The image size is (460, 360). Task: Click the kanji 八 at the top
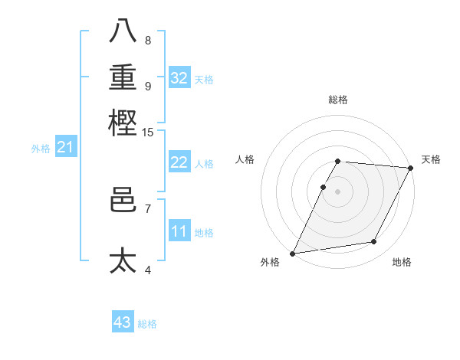pyautogui.click(x=123, y=31)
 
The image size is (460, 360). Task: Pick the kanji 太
pyautogui.click(x=123, y=260)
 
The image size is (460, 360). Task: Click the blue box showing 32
pyautogui.click(x=179, y=78)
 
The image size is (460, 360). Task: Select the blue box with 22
pyautogui.click(x=179, y=162)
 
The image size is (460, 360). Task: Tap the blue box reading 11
pyautogui.click(x=179, y=231)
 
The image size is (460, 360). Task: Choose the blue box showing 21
pyautogui.click(x=65, y=148)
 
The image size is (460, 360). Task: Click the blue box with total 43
pyautogui.click(x=123, y=322)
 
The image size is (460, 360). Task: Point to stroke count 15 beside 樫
pyautogui.click(x=147, y=133)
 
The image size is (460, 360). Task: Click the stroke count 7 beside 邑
pyautogui.click(x=147, y=208)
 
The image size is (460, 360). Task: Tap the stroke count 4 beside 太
pyautogui.click(x=147, y=269)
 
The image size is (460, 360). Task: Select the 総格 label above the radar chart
pyautogui.click(x=337, y=100)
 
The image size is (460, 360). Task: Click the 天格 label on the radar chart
pyautogui.click(x=431, y=159)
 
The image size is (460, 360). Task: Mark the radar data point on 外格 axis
pyautogui.click(x=292, y=254)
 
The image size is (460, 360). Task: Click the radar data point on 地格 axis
pyautogui.click(x=374, y=242)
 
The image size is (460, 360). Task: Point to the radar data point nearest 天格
pyautogui.click(x=411, y=168)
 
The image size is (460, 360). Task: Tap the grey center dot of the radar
pyautogui.click(x=337, y=191)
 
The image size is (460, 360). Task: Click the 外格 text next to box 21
pyautogui.click(x=41, y=149)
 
